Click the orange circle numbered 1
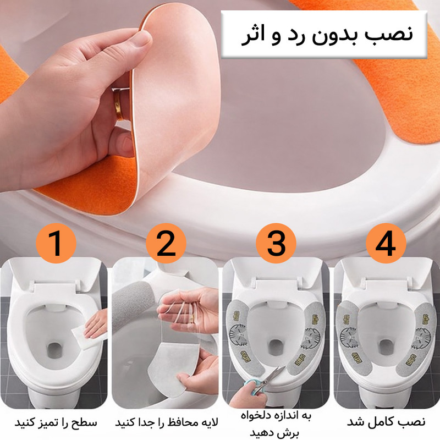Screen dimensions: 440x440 (x=56, y=243)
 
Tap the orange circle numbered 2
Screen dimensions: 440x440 (x=166, y=243)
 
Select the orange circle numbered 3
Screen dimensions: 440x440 (x=276, y=243)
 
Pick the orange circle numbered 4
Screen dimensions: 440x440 (x=386, y=243)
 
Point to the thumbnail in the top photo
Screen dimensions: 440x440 (x=142, y=38)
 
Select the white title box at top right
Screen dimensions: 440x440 (x=324, y=34)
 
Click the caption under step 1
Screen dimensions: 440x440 (x=56, y=422)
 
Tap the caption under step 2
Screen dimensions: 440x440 (x=166, y=422)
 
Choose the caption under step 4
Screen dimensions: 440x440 (x=386, y=421)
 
